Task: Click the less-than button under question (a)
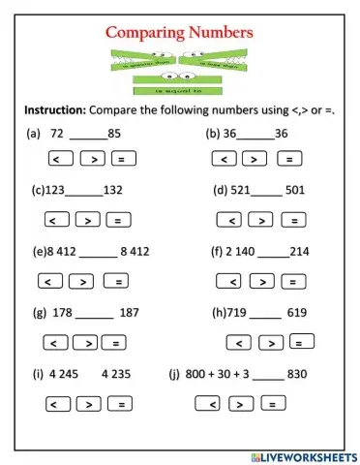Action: [59, 158]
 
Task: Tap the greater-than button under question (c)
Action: [90, 220]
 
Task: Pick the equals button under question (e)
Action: [116, 282]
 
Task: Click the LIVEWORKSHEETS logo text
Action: [304, 455]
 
